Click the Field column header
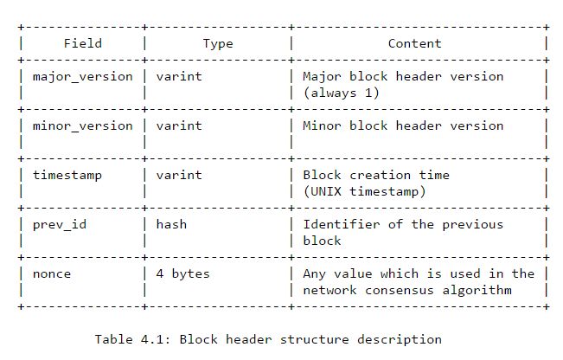coord(83,43)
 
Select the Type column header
coord(218,43)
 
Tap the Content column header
coord(414,43)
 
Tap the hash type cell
coord(171,224)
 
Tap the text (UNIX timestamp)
coord(364,191)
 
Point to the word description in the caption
coord(403,339)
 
